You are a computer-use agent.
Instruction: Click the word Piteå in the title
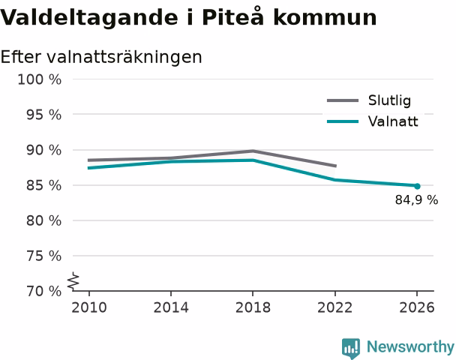233,16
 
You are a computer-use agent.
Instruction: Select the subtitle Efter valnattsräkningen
101,57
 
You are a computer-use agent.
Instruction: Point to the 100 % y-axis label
40,79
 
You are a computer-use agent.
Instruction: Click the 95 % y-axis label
44,115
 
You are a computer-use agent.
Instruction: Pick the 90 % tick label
44,150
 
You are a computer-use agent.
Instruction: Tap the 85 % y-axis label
44,185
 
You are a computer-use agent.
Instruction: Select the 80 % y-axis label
44,220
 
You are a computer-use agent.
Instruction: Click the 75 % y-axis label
44,256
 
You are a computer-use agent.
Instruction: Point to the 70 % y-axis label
44,291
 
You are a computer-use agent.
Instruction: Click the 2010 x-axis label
89,307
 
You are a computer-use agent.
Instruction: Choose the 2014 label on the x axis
171,307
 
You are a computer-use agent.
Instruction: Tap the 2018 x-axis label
253,307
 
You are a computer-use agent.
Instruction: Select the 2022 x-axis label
335,307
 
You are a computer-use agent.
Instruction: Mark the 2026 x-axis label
417,307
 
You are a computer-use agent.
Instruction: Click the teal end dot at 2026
417,186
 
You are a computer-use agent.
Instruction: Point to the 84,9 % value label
416,200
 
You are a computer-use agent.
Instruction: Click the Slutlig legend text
390,100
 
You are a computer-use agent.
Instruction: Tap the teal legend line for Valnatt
343,121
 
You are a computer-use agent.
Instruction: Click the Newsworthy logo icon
351,348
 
